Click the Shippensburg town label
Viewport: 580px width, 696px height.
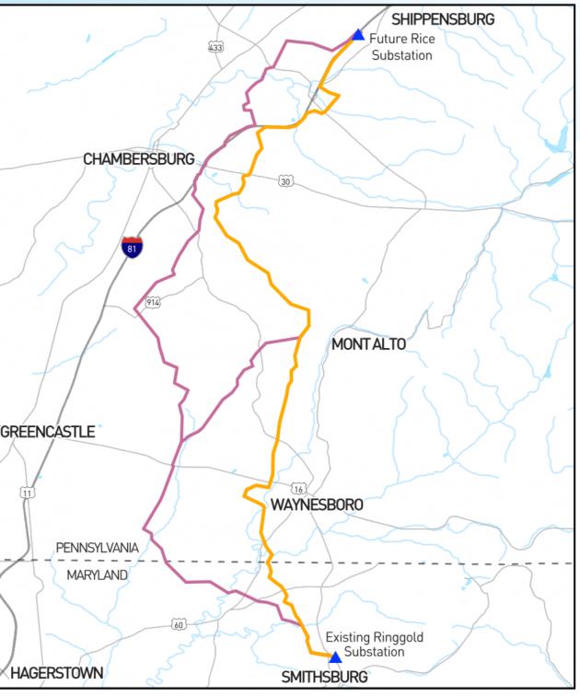click(443, 18)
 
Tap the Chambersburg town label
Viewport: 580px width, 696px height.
click(139, 159)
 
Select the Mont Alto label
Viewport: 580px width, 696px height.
click(368, 344)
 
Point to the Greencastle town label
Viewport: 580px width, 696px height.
click(48, 431)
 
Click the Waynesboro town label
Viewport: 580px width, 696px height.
click(316, 505)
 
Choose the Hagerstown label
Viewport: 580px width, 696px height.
click(57, 673)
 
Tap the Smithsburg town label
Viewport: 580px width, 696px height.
click(325, 678)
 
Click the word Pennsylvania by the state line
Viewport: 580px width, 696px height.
click(97, 548)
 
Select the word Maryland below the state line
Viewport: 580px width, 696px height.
click(98, 574)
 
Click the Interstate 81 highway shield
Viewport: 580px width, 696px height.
click(132, 247)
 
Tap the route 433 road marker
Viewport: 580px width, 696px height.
click(216, 47)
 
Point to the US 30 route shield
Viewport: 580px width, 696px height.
click(286, 181)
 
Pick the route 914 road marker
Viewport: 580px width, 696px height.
click(153, 303)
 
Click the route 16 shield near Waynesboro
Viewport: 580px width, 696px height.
click(298, 488)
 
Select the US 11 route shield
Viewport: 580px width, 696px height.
click(28, 493)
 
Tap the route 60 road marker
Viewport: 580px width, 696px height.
click(177, 625)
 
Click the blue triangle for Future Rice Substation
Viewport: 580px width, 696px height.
click(358, 35)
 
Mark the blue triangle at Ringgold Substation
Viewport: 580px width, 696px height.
click(335, 657)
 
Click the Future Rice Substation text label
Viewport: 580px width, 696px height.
click(401, 47)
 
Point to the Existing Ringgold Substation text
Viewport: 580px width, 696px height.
click(365, 644)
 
